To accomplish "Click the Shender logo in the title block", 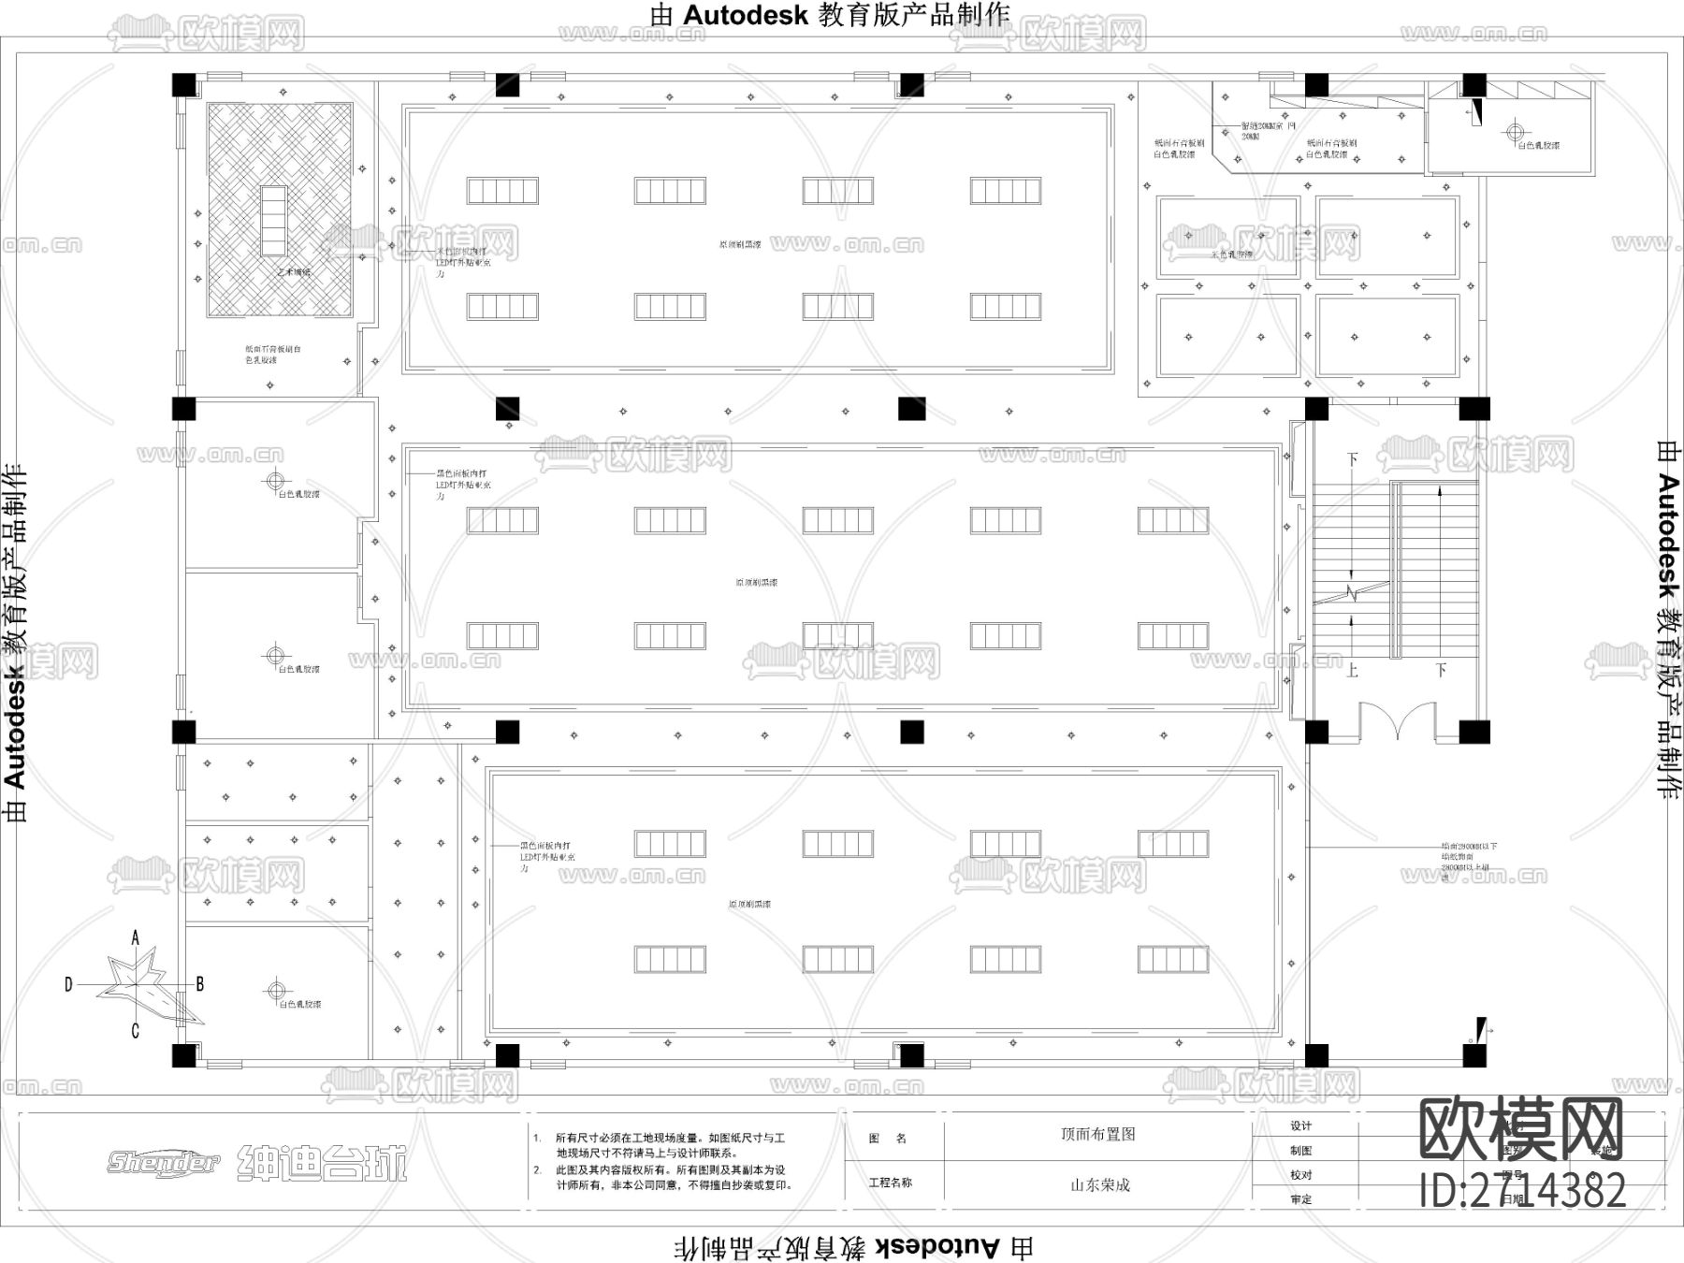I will click(x=163, y=1162).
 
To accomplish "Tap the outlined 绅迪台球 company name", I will click(x=323, y=1163).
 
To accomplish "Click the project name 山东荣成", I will click(x=1100, y=1184).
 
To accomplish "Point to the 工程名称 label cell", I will click(x=890, y=1183).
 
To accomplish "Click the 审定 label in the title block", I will click(x=1300, y=1199).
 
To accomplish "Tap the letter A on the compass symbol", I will click(x=136, y=937).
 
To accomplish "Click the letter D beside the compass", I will click(x=68, y=984).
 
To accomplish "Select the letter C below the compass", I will click(x=136, y=1031).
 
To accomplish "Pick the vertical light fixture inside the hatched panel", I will click(x=273, y=220).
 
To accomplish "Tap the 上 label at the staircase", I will click(x=1352, y=671).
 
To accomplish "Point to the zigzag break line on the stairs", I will click(x=1353, y=593).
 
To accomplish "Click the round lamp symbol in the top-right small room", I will click(x=1516, y=132).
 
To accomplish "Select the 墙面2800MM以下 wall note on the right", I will click(x=1469, y=846).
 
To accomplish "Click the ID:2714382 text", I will click(x=1522, y=1192).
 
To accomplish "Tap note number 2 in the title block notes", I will click(x=537, y=1170).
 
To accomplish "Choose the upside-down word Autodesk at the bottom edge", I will click(x=937, y=1246).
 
